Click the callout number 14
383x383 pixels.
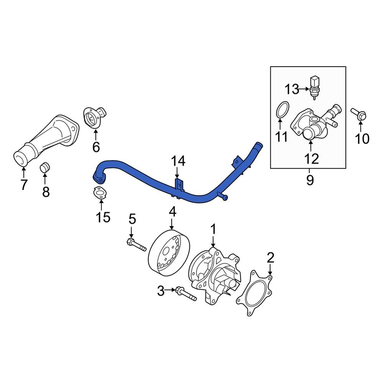178,161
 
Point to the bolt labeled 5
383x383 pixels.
136,245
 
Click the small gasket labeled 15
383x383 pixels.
99,194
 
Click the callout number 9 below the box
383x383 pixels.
309,179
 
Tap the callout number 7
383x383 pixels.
24,185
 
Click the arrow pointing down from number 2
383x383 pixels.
270,270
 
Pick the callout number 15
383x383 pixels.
103,217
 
